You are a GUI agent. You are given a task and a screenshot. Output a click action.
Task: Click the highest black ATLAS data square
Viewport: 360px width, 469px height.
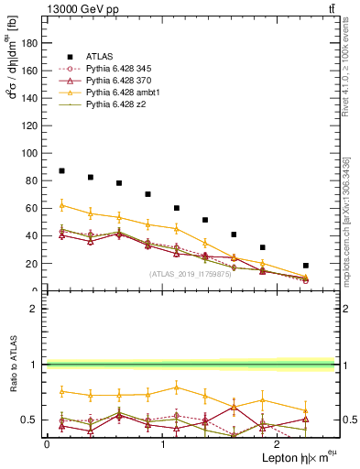point(61,170)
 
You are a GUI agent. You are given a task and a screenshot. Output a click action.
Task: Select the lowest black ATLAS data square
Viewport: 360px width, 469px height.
point(306,266)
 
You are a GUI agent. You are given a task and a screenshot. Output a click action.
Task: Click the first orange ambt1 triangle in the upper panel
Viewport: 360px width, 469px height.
point(61,205)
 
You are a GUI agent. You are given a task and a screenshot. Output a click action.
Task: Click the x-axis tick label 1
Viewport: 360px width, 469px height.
point(162,444)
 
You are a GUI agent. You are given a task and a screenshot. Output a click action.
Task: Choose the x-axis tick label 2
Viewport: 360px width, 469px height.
point(278,444)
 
